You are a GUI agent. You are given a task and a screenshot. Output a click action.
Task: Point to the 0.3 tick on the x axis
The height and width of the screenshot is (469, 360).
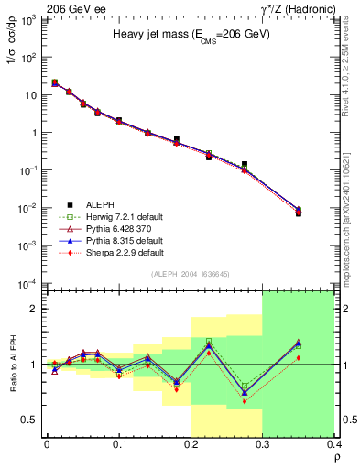tap(263, 446)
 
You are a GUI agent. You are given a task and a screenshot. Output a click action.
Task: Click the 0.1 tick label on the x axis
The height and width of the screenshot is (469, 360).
tap(119, 446)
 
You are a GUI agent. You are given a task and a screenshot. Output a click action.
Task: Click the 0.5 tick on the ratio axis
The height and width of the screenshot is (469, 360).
tap(29, 420)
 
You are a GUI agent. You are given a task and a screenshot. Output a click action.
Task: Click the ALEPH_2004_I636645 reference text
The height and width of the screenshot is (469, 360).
tap(191, 275)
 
